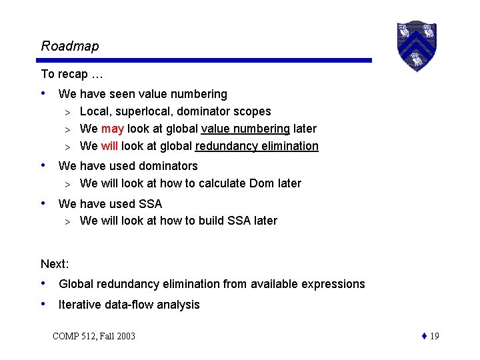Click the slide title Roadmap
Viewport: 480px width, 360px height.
tap(69, 46)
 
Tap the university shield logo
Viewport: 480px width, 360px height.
tap(416, 45)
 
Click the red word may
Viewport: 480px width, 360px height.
tap(113, 129)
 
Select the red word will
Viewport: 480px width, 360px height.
tap(110, 146)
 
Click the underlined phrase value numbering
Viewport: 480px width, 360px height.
tap(245, 129)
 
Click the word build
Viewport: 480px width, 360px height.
tap(201, 221)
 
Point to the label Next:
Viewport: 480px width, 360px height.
tap(55, 265)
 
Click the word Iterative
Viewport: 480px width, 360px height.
tap(80, 305)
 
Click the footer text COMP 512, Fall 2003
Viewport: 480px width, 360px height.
tap(93, 336)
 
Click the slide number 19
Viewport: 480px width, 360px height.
tap(434, 336)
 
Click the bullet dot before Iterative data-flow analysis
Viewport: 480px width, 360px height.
tap(44, 304)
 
